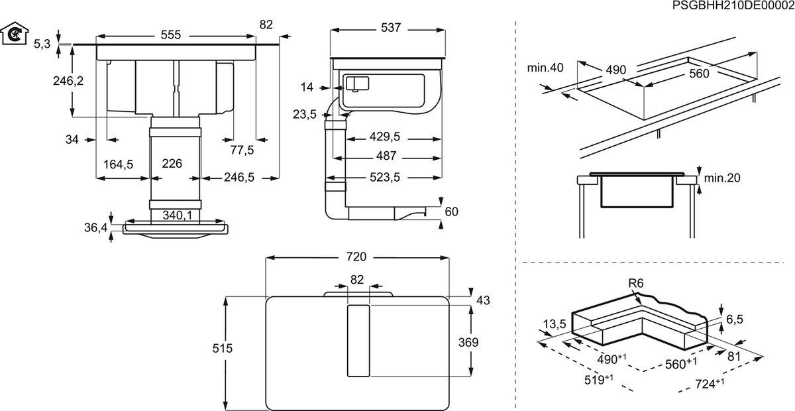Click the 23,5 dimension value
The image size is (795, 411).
tap(305, 114)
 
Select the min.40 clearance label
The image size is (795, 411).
tap(545, 68)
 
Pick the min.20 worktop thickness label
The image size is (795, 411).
tap(721, 178)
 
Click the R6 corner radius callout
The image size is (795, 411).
tap(635, 283)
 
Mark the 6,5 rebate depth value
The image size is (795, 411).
tap(735, 320)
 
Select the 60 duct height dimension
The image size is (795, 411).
tap(451, 211)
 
